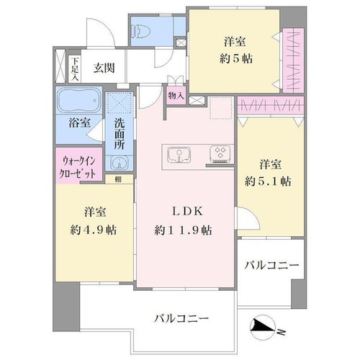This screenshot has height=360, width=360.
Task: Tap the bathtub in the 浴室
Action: (x=79, y=100)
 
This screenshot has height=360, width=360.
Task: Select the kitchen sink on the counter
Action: (x=179, y=154)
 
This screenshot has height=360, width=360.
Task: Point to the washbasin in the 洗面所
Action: (x=119, y=163)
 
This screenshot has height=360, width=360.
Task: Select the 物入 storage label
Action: (x=176, y=96)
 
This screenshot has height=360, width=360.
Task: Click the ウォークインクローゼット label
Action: (x=79, y=166)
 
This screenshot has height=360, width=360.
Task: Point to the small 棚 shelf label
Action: (x=118, y=179)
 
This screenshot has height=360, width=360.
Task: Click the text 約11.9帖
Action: (x=183, y=230)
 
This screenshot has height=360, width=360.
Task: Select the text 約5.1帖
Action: (x=268, y=181)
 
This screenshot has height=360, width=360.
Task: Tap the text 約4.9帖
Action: (x=94, y=230)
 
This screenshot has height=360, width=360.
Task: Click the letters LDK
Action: (x=187, y=212)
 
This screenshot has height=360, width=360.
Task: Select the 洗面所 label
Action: (x=119, y=134)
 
